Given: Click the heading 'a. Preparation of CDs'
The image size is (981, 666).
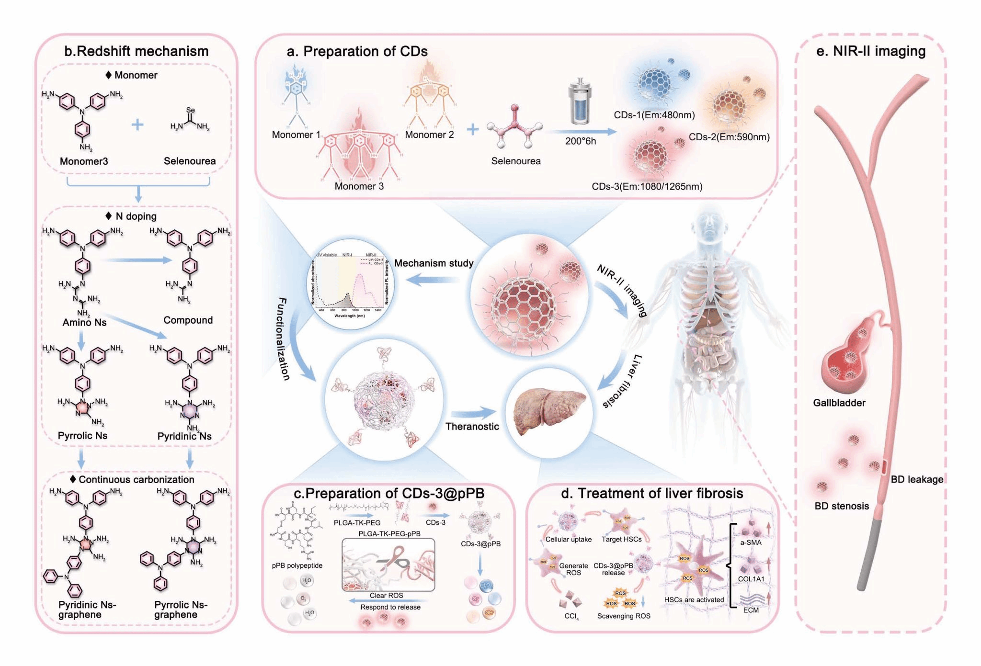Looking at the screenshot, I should click(357, 51).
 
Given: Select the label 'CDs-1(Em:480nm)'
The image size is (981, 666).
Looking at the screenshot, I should click(654, 115).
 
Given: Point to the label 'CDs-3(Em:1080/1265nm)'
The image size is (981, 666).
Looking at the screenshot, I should click(647, 186).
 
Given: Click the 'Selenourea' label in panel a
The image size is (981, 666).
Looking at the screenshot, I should click(515, 161).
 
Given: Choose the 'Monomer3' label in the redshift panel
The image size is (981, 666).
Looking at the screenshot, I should click(84, 161).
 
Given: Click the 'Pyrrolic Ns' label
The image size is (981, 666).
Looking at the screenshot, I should click(82, 436).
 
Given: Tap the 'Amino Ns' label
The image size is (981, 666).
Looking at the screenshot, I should click(84, 322).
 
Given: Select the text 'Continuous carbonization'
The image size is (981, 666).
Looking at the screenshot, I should click(136, 479).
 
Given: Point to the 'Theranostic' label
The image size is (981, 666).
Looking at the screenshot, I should click(472, 427).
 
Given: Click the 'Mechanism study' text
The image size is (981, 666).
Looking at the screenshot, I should click(433, 263).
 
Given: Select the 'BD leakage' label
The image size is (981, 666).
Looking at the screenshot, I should click(916, 479).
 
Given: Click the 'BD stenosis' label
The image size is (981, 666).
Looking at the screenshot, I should click(842, 506).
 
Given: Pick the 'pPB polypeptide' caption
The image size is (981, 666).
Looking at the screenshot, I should click(297, 565).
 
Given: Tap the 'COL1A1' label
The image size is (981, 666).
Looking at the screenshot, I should click(751, 579).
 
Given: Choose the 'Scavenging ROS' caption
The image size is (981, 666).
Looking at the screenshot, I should click(624, 616).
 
